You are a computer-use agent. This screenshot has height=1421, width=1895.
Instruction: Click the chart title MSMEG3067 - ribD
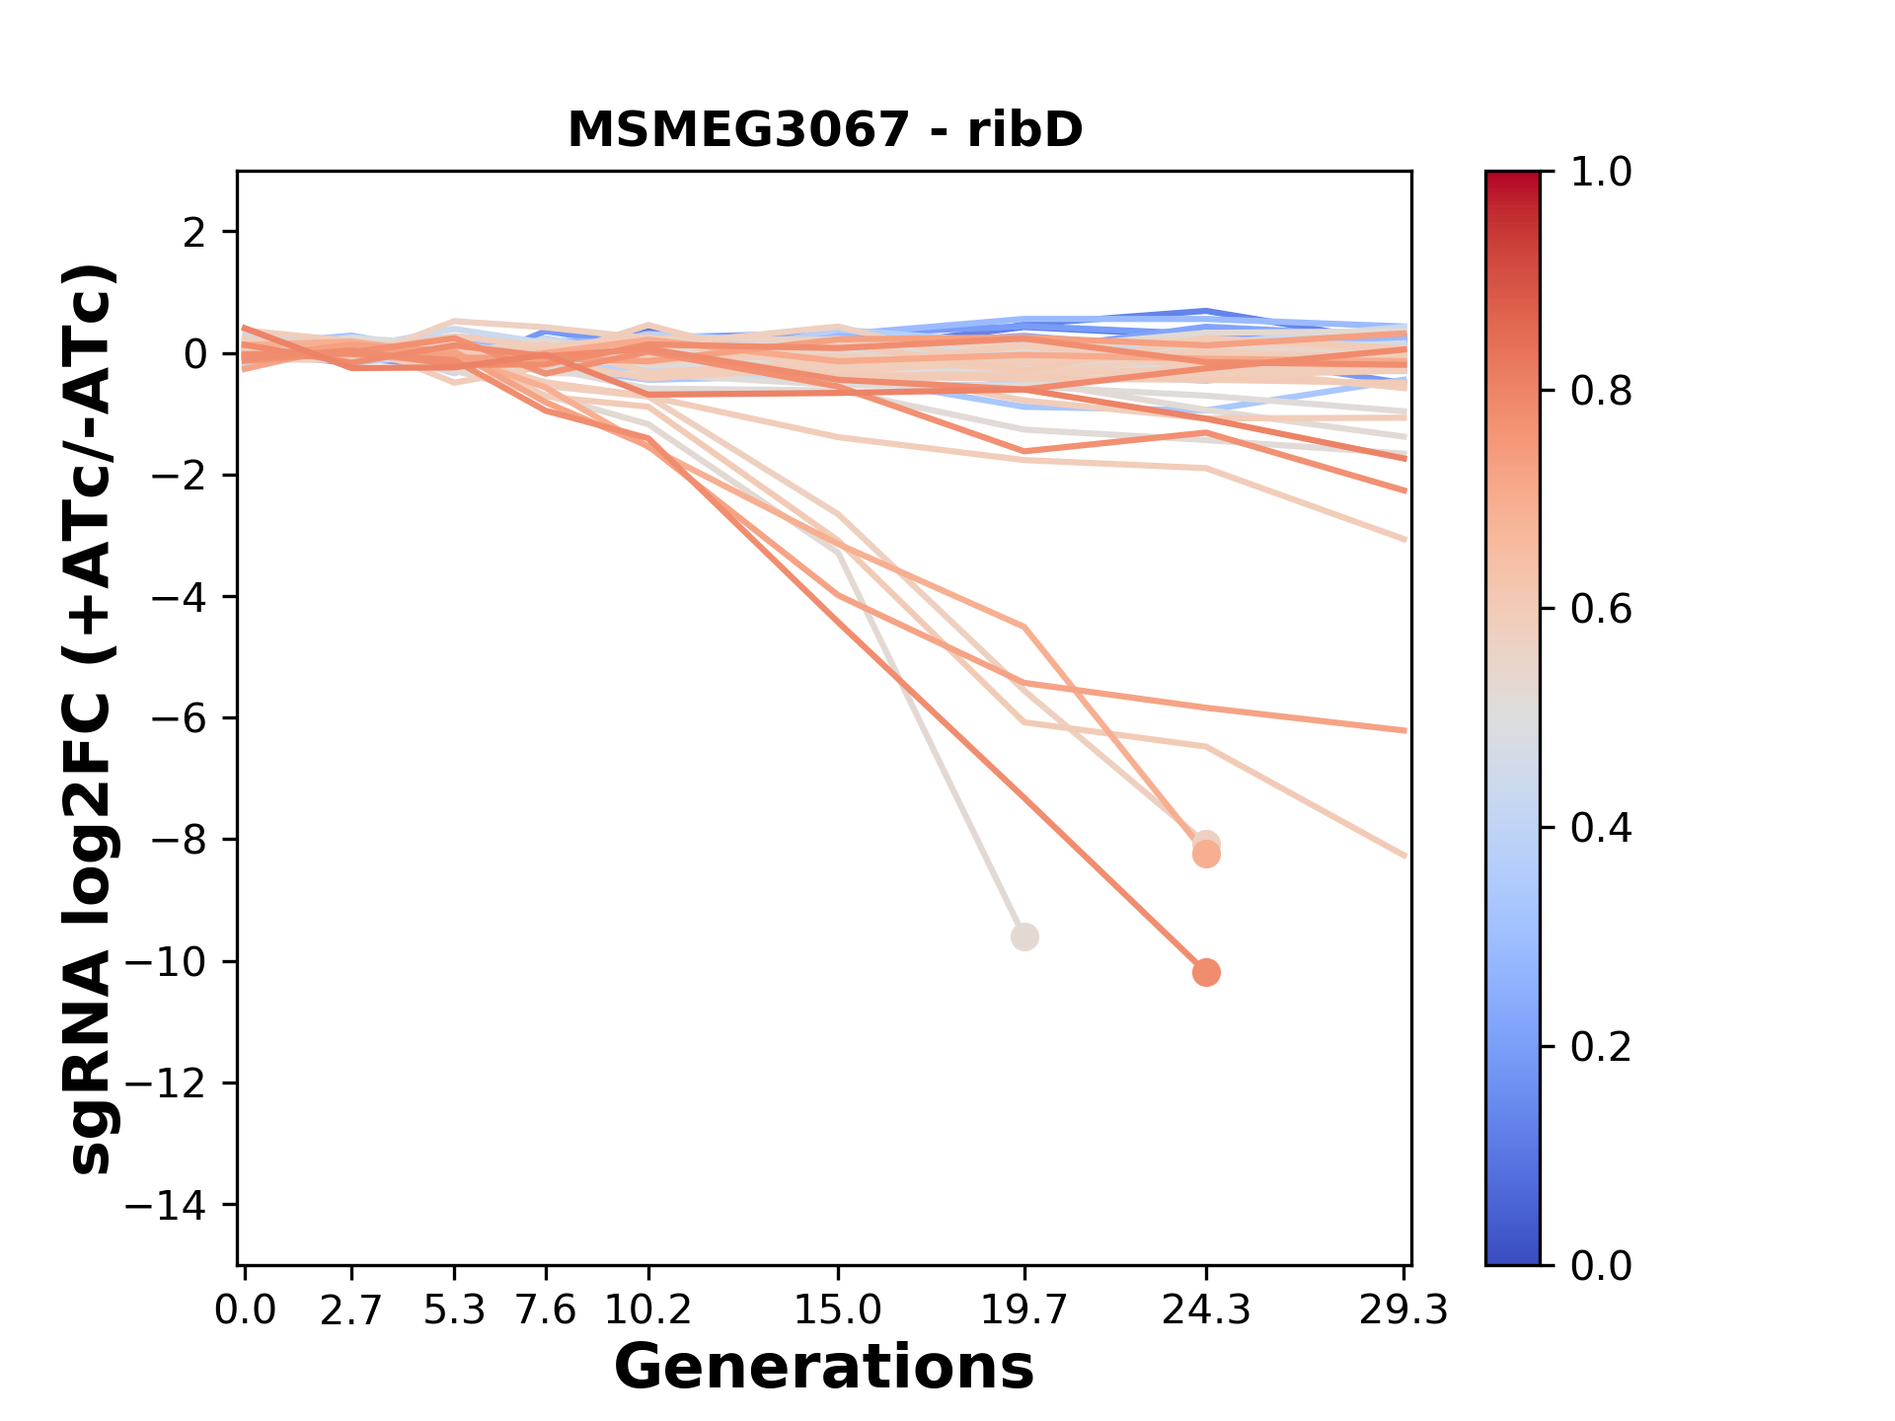[x=825, y=130]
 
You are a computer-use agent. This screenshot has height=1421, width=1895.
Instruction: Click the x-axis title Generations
[x=824, y=1368]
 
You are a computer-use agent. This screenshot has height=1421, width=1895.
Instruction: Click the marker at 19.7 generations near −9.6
[x=1024, y=936]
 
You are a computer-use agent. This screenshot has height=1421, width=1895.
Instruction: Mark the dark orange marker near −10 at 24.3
[x=1205, y=972]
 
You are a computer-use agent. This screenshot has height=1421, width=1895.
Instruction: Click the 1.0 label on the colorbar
[x=1601, y=173]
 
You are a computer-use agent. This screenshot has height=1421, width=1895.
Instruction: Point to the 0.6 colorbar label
[x=1601, y=610]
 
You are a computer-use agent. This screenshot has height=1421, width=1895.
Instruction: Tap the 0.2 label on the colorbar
[x=1601, y=1047]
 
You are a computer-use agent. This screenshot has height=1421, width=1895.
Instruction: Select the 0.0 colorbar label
[x=1601, y=1265]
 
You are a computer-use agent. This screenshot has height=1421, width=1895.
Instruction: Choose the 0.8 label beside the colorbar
[x=1601, y=392]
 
